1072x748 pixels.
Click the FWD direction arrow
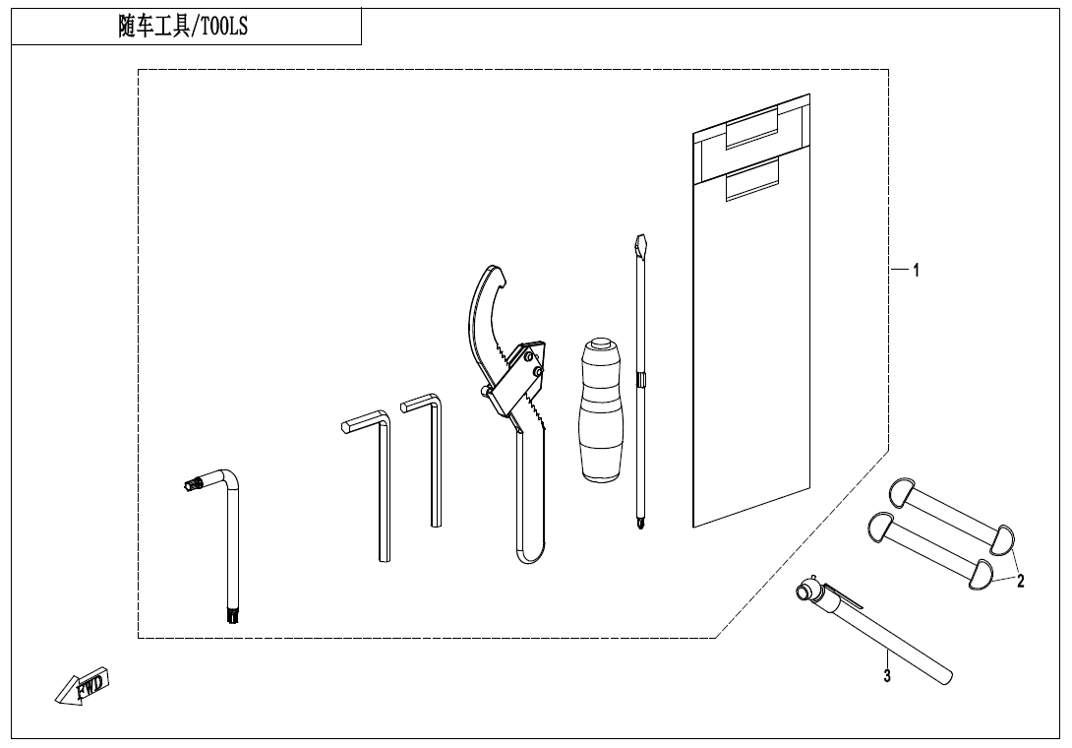pos(82,685)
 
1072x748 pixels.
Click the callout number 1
pos(917,271)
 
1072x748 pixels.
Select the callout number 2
pos(1020,582)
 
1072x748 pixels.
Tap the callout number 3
pos(887,676)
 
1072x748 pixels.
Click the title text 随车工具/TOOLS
pos(183,27)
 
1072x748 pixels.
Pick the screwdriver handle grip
pos(601,409)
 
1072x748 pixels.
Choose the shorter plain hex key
pos(424,460)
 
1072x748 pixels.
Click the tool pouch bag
pos(751,310)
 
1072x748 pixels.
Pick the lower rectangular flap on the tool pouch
pos(752,179)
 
